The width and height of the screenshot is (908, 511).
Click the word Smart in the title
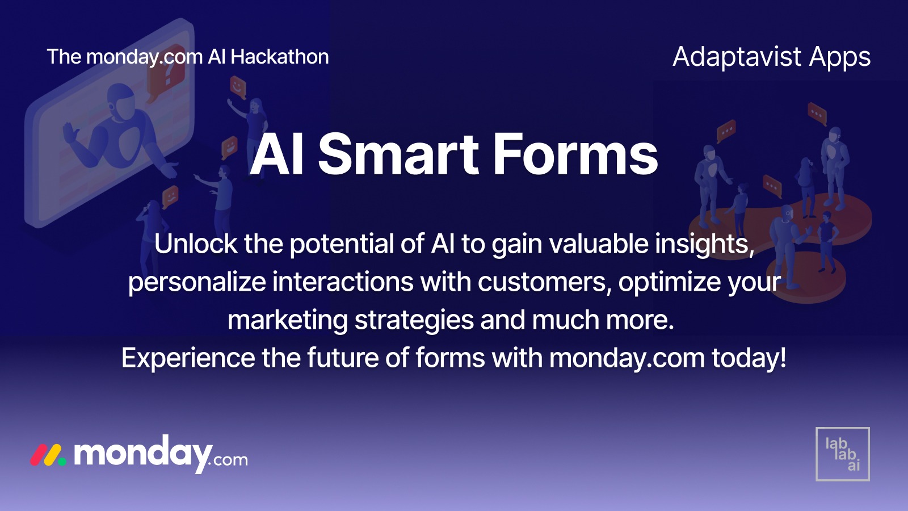(398, 154)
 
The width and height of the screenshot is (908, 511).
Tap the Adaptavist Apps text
(771, 57)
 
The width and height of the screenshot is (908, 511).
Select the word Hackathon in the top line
(279, 57)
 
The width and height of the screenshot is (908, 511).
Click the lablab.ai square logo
(842, 454)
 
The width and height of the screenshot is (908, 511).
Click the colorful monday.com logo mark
(48, 455)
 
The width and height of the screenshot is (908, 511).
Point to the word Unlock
(196, 244)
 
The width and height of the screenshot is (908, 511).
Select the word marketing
(288, 320)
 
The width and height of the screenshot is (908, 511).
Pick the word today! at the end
(749, 358)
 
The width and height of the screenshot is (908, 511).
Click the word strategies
(414, 320)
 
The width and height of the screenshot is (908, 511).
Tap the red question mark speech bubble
(166, 71)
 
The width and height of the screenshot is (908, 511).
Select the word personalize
(197, 282)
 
